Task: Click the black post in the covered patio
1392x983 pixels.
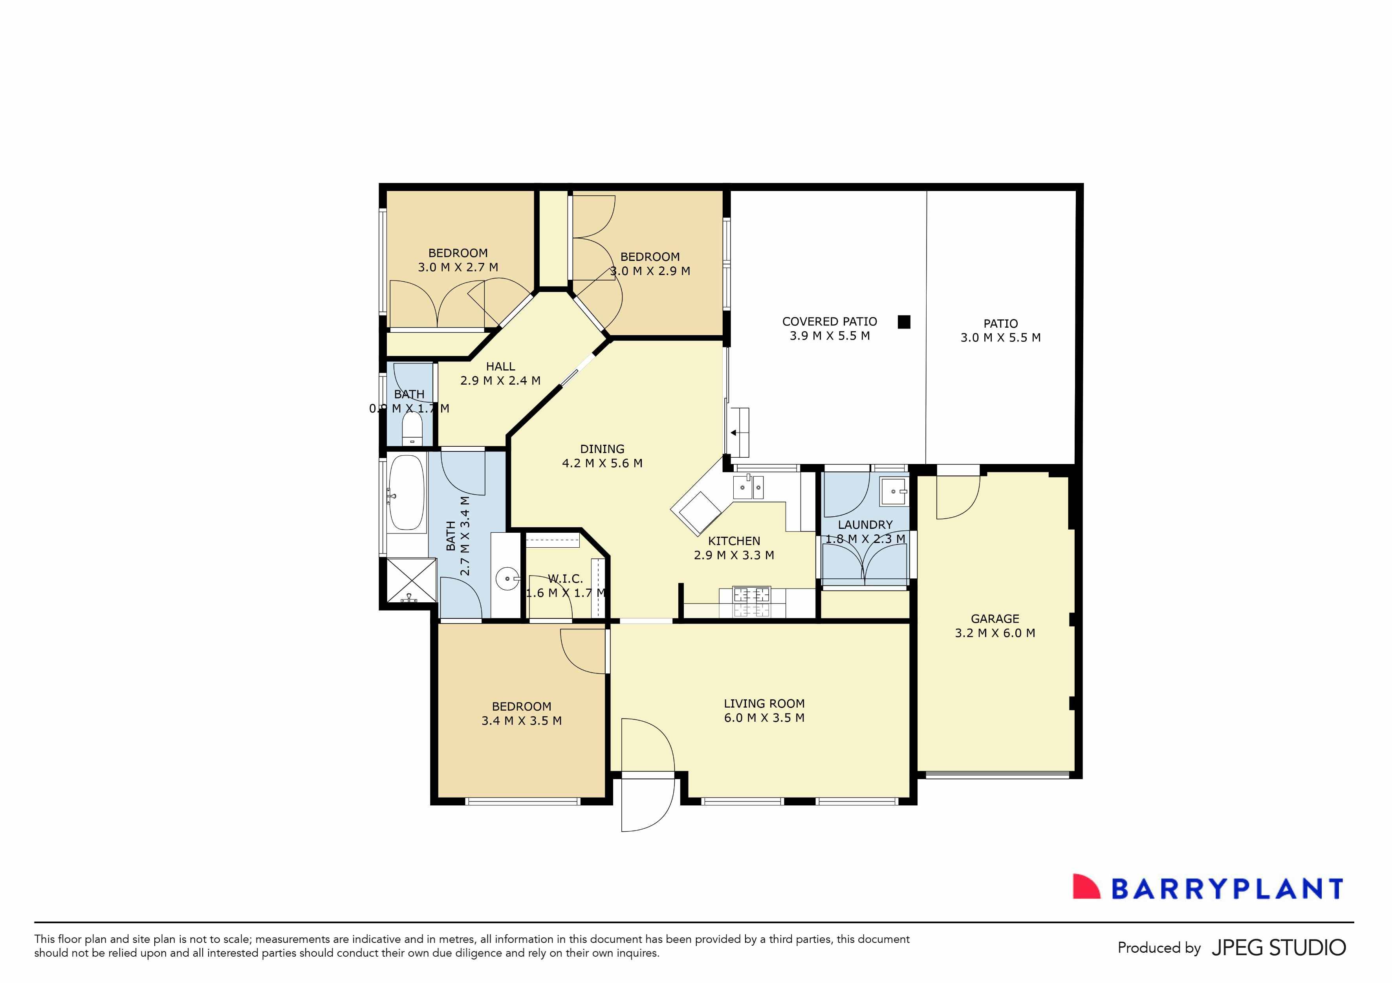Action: click(x=904, y=322)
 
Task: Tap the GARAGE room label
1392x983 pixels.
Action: click(x=995, y=618)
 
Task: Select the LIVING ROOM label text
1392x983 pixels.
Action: click(x=764, y=703)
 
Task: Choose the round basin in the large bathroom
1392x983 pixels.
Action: click(x=507, y=578)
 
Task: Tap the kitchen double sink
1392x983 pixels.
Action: click(x=748, y=487)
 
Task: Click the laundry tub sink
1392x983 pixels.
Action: click(x=894, y=491)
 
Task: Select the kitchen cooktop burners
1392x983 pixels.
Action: click(x=752, y=602)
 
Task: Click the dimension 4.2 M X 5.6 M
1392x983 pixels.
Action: click(x=602, y=463)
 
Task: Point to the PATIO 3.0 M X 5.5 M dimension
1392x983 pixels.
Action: click(x=1000, y=338)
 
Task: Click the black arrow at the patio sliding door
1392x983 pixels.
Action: click(x=734, y=433)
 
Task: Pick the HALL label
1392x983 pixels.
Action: click(x=500, y=366)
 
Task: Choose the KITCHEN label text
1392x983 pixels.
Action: click(x=734, y=541)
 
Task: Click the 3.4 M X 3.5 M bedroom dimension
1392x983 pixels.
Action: click(x=521, y=721)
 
